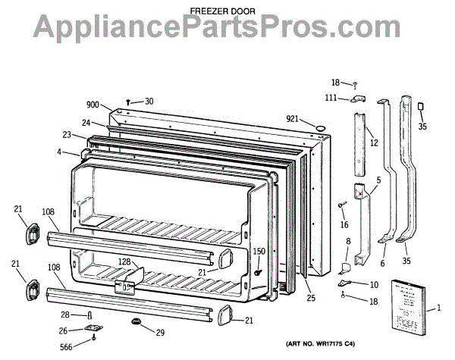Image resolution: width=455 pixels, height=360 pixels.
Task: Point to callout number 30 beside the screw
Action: [x=149, y=101]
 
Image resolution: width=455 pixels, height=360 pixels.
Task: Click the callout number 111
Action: [x=331, y=99]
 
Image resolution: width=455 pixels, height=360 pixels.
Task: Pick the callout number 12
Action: [x=374, y=142]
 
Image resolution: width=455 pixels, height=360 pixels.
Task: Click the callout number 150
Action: [x=259, y=251]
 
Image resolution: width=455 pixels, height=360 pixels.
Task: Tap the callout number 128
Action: [x=124, y=262]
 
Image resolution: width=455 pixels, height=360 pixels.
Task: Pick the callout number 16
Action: [x=344, y=224]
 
